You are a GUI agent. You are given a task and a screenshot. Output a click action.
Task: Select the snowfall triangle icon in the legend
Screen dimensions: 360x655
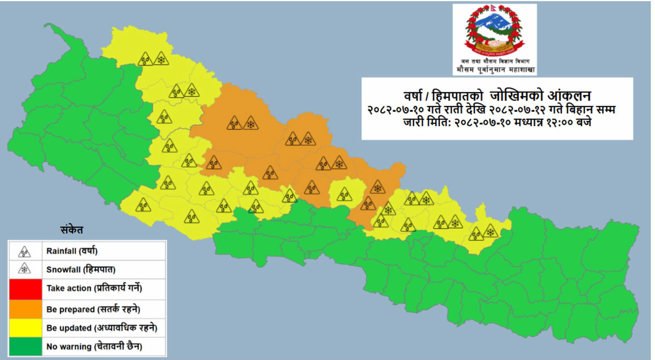coord(24,269)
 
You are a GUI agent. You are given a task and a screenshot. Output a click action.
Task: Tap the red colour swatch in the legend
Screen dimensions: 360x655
coord(24,288)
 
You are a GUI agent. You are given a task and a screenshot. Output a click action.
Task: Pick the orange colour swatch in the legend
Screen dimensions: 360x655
coord(24,309)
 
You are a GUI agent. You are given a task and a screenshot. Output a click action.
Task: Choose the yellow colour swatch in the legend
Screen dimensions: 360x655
coord(24,328)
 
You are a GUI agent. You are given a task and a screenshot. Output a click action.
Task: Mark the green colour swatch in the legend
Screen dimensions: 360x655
coord(24,346)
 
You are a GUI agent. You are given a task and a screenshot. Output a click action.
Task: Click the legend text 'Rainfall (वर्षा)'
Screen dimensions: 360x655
coord(72,252)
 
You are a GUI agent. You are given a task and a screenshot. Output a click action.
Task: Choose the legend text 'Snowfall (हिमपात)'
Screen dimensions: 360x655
coord(77,269)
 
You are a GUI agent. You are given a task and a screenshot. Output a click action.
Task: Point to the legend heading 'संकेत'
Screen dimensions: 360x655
coord(71,230)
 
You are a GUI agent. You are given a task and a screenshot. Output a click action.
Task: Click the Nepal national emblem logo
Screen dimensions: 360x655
coord(494,31)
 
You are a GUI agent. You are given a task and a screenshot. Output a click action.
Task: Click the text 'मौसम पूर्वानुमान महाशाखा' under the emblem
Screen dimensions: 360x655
coord(495,69)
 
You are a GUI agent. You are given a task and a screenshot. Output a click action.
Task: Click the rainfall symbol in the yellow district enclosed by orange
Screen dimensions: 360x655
coord(344,194)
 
